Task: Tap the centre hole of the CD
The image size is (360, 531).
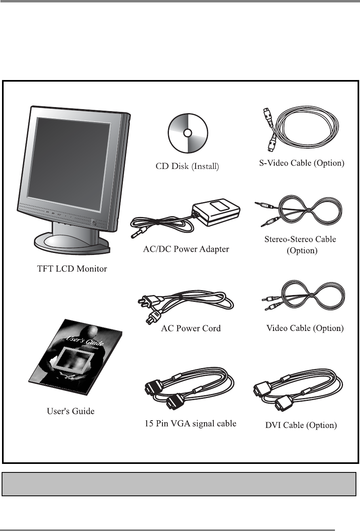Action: [187, 133]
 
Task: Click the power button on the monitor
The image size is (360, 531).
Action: [94, 221]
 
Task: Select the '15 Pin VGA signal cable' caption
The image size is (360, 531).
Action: [190, 424]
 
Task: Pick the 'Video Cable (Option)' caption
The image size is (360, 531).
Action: [305, 328]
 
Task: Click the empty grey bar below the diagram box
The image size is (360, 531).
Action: [179, 484]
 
